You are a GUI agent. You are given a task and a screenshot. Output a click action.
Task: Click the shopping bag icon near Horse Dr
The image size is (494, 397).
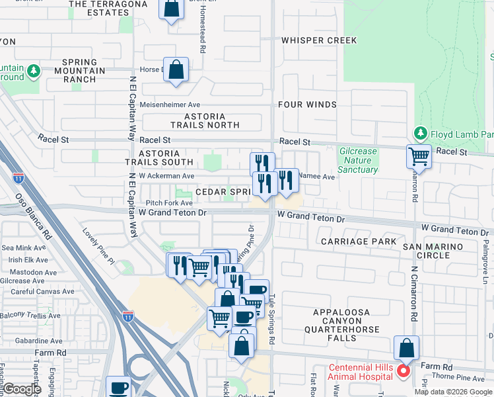tap(176, 69)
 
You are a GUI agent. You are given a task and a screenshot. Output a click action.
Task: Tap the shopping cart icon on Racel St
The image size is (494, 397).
tap(419, 157)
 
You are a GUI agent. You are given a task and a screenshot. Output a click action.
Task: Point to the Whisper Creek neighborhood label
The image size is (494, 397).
tap(319, 40)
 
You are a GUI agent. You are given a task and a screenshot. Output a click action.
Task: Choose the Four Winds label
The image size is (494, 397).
tap(307, 105)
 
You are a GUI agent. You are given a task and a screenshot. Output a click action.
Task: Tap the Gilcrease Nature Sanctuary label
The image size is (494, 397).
tap(358, 160)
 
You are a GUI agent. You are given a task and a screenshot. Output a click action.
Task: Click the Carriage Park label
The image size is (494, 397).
tap(359, 242)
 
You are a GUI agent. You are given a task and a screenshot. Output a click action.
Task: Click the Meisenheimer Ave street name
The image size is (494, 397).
tap(174, 105)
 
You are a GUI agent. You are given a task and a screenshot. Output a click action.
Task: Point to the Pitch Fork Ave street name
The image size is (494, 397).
tap(169, 203)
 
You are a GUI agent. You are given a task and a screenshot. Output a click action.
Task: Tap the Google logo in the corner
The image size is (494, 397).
tap(22, 389)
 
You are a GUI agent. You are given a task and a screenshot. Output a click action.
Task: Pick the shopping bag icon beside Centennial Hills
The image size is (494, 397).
tap(407, 347)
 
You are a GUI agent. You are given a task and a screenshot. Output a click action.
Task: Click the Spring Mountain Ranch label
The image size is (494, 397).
tap(84, 71)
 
